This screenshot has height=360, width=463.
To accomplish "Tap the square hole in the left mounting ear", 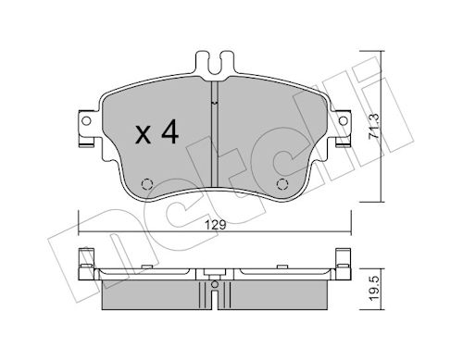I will [86, 120].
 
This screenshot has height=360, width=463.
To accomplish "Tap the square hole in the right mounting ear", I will [343, 120].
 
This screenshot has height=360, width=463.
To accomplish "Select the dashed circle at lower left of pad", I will [144, 181].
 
